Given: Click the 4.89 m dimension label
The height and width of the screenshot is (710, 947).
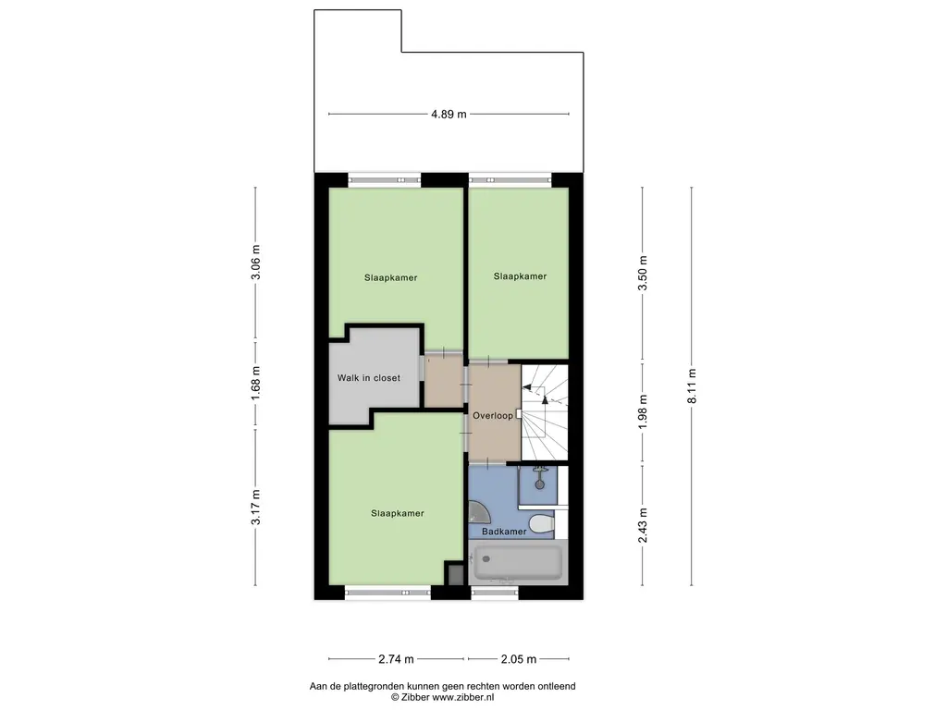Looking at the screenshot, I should point(449,115).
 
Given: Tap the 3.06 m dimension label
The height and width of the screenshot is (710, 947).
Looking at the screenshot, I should point(257,263).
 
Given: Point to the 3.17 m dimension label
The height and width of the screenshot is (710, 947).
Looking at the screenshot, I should point(257,508).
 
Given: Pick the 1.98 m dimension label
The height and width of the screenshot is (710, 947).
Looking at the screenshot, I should point(645,412).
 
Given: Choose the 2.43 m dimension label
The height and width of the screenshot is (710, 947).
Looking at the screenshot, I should point(645,524).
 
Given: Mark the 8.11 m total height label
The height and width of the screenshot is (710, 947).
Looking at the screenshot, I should point(693,386).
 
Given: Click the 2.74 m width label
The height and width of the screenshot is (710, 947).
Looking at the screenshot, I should point(396,659).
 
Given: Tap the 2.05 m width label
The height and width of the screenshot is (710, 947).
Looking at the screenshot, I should point(519,659).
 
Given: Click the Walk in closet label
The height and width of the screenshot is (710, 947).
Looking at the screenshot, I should point(368,378).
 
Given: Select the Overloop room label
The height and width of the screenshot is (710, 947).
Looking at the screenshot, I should point(492,416).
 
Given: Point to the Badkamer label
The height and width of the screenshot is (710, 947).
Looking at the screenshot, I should point(504,532).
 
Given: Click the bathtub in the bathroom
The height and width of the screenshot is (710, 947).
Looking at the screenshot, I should point(517,562).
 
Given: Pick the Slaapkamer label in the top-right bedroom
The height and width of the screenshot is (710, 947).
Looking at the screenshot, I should point(520,275).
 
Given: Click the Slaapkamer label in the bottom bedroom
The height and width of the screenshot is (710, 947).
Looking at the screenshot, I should point(398,512).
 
